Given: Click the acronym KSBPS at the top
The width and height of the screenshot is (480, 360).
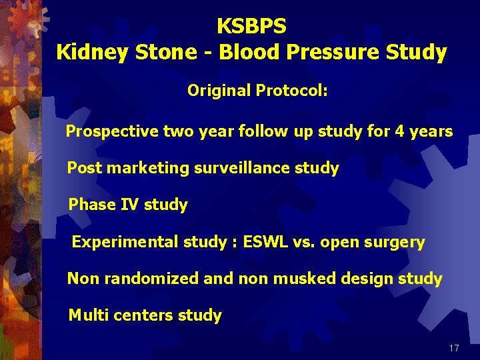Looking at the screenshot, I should pos(251,27).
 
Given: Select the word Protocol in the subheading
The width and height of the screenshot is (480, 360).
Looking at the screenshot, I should pos(295,90).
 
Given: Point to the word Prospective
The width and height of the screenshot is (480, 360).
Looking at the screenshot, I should pos(112,132).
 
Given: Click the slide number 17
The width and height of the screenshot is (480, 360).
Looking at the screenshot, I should pos(454,348).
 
